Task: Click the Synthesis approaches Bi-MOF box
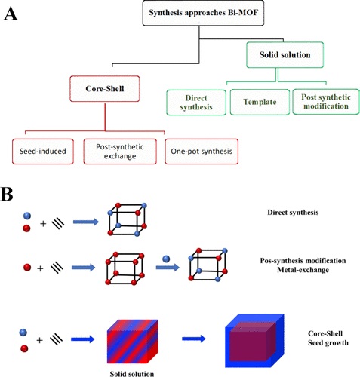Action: [x=203, y=13]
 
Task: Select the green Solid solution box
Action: [x=285, y=55]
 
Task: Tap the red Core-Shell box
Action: [x=105, y=89]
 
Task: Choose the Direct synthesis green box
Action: [x=196, y=103]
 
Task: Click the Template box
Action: [x=260, y=102]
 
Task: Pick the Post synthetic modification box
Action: [x=326, y=102]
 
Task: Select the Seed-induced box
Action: [x=43, y=152]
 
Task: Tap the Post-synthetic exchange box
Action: [x=120, y=152]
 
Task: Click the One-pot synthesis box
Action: [x=202, y=152]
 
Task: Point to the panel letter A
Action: [x=11, y=14]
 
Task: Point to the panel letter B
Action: [x=7, y=194]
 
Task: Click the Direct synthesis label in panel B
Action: [x=293, y=213]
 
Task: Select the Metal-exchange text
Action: [x=303, y=270]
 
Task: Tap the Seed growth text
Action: [x=328, y=343]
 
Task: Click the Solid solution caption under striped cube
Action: [x=132, y=374]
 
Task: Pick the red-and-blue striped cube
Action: [x=133, y=342]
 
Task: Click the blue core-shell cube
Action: [x=254, y=341]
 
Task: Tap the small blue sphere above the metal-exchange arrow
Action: [x=166, y=259]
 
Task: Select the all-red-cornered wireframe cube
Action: [x=125, y=268]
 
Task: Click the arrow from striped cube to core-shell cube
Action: [x=193, y=339]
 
